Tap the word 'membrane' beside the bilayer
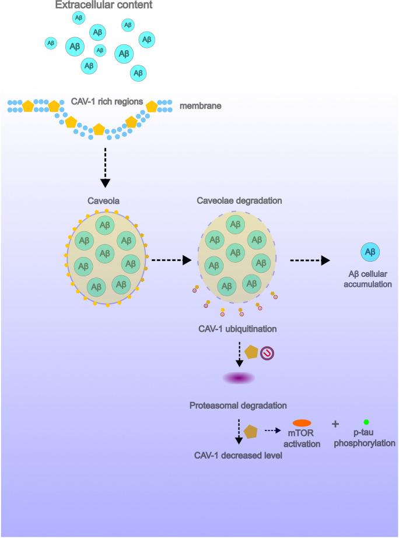point(198,106)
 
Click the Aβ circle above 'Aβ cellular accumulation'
point(369,252)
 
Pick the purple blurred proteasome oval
point(239,379)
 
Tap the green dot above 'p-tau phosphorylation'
point(365,422)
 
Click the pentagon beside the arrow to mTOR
point(251,431)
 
